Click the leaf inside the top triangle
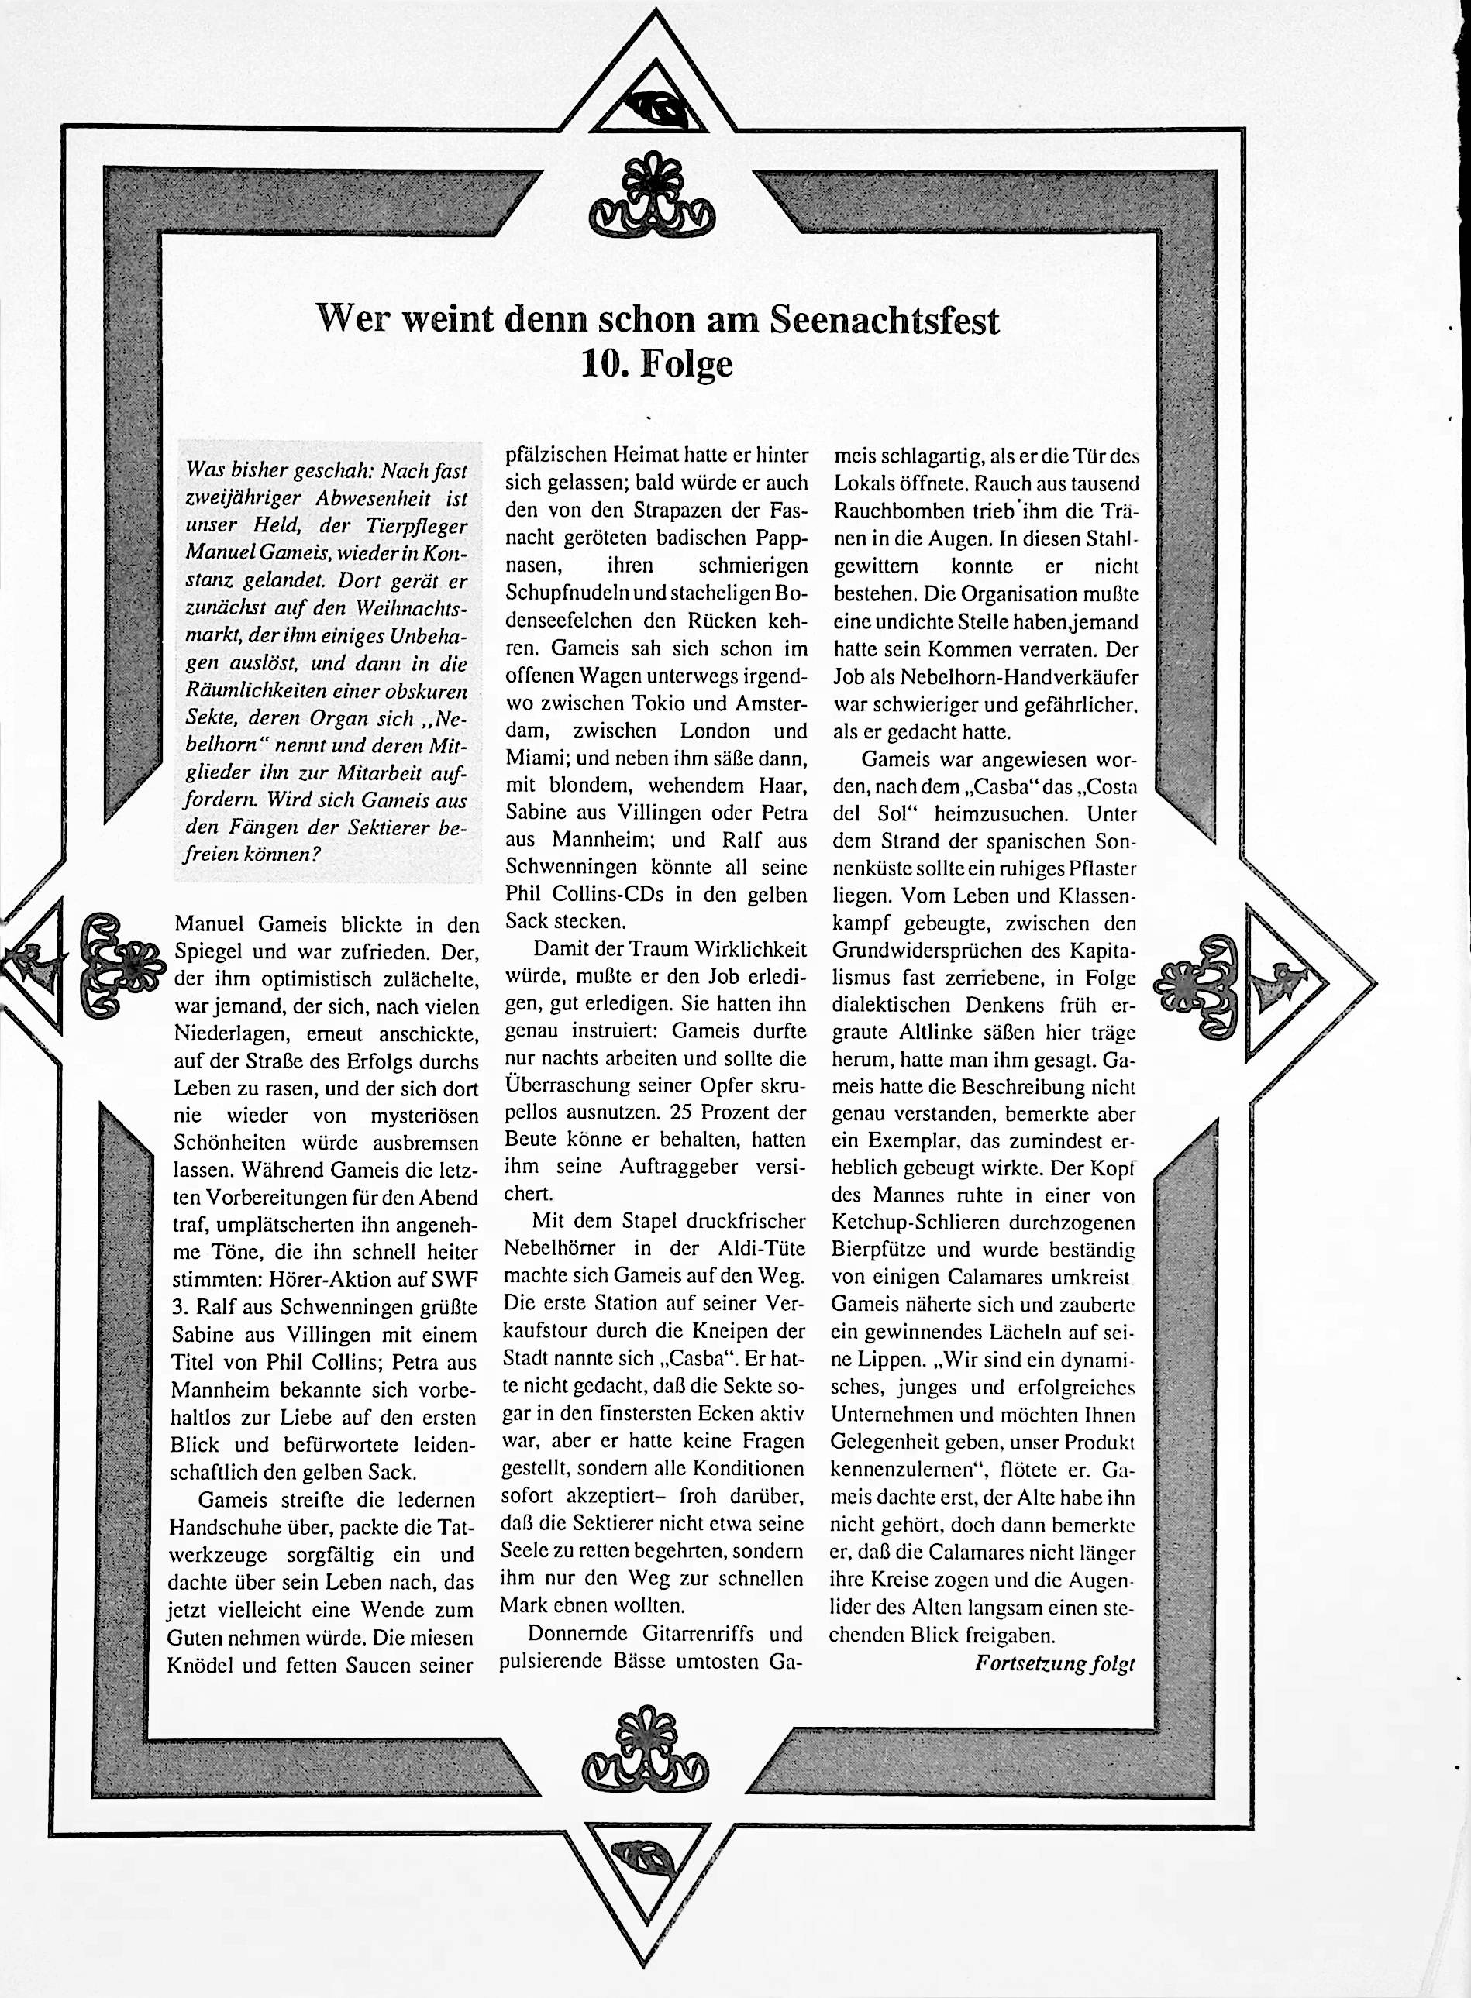(659, 108)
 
